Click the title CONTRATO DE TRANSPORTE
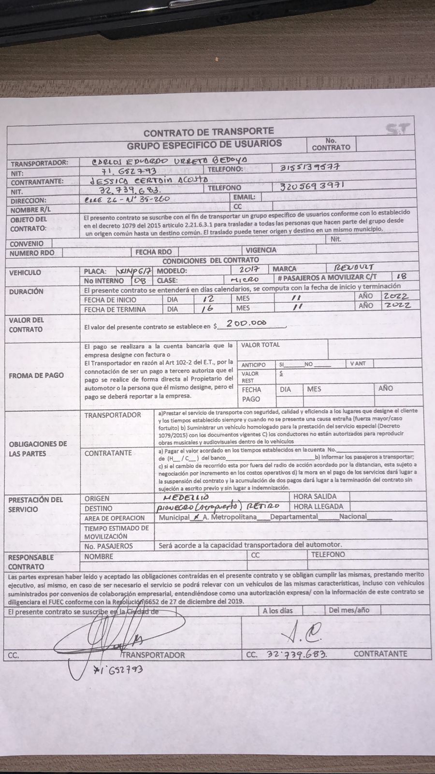[x=208, y=131]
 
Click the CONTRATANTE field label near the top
[x=37, y=182]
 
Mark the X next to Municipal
[x=196, y=517]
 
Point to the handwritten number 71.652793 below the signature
[x=119, y=669]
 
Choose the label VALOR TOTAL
[x=260, y=345]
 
